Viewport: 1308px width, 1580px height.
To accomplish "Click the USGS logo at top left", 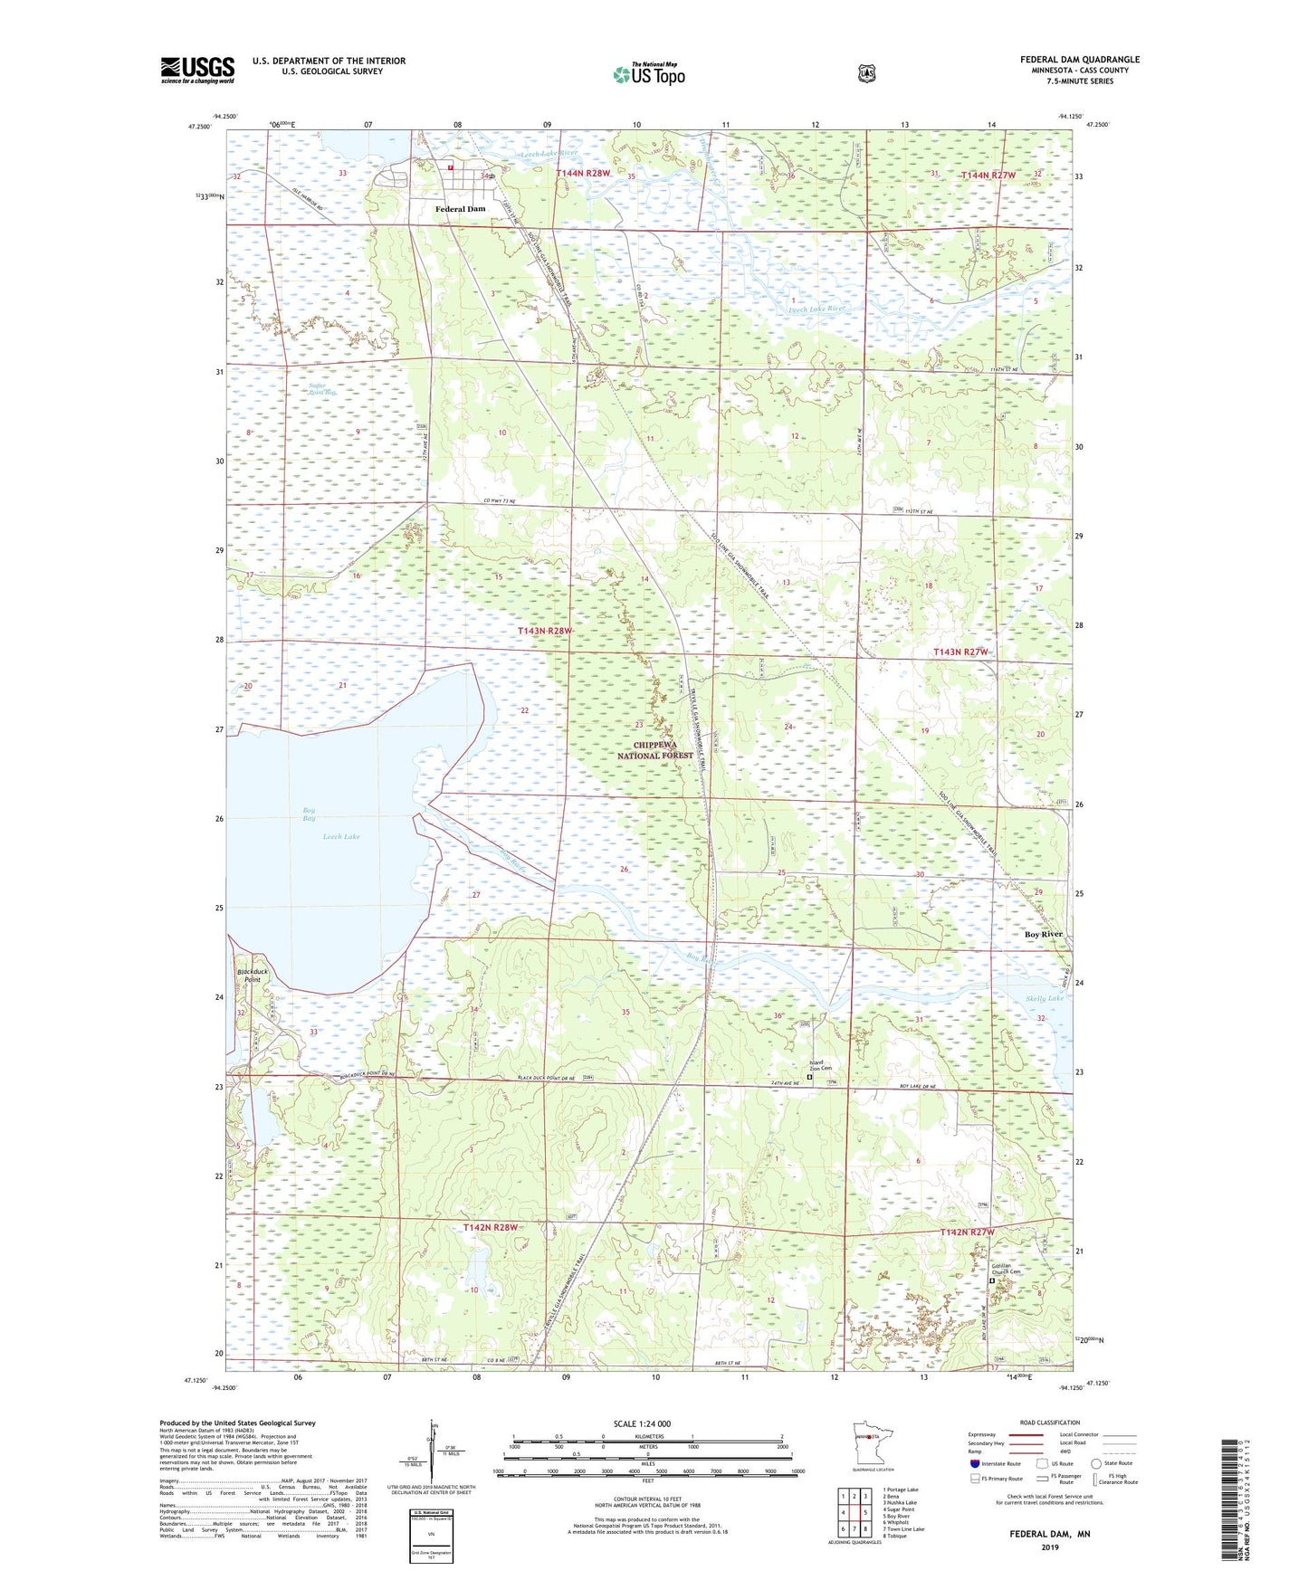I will coord(197,69).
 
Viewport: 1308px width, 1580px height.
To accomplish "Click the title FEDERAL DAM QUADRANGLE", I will coord(1079,60).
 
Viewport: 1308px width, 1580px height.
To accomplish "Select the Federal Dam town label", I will coord(460,209).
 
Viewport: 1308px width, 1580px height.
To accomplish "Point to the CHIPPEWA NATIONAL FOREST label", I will coord(655,750).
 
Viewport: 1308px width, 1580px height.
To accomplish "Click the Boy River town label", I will coord(1043,934).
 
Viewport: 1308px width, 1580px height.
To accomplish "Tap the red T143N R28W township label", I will coord(545,631).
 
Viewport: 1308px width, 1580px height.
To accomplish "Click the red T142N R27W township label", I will coord(967,1233).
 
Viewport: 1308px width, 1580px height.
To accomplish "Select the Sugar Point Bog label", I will coord(322,389).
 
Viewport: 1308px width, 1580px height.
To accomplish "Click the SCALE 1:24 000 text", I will coord(642,1423).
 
